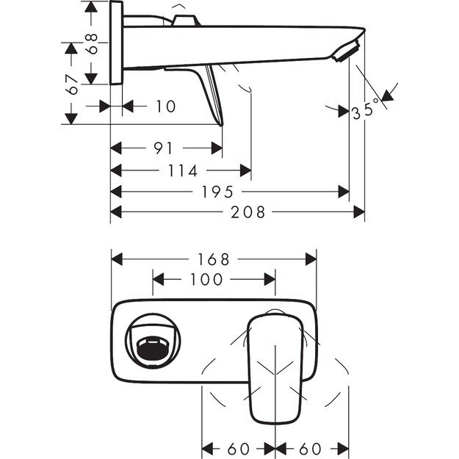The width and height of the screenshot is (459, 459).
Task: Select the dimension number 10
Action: [166, 106]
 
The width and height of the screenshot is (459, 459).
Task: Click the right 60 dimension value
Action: [311, 447]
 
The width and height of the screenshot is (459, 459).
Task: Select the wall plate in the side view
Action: [117, 44]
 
